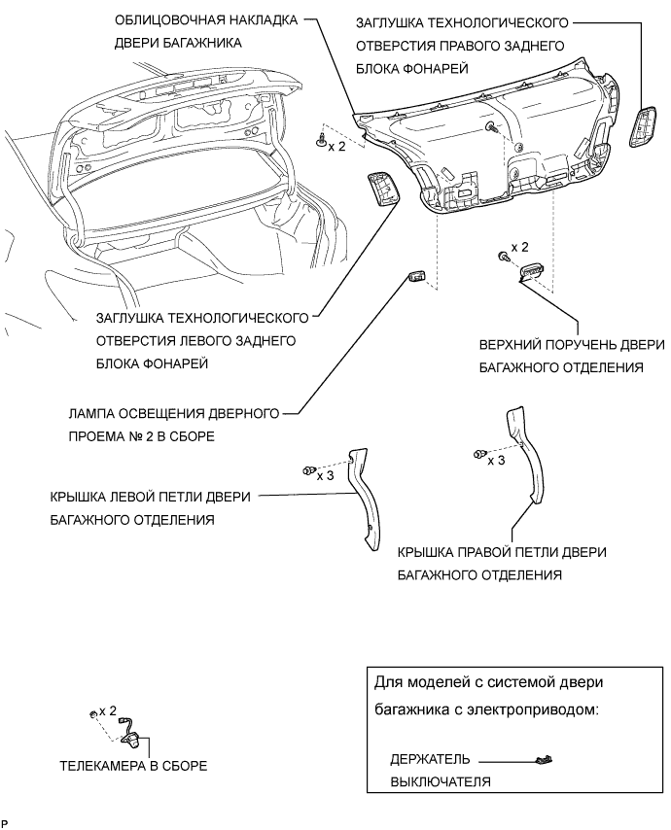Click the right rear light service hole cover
643,127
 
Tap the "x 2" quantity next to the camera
108,711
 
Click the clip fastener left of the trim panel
320,143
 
